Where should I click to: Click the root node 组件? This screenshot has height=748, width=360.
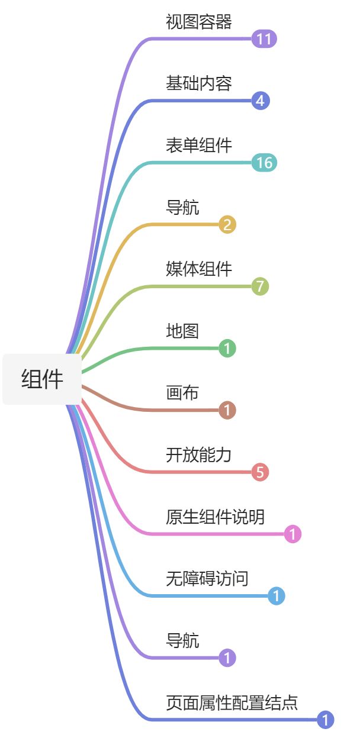click(42, 379)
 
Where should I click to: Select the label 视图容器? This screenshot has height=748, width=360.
click(198, 22)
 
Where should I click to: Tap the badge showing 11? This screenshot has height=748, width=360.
click(264, 40)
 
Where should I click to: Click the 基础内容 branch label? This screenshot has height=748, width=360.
click(198, 84)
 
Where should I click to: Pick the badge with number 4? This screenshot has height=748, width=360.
click(261, 101)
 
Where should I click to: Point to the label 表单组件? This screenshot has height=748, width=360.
click(198, 146)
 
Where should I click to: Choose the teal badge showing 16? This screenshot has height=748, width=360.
click(264, 163)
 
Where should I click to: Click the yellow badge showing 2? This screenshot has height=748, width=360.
click(227, 225)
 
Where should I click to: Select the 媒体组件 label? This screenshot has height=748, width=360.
click(198, 269)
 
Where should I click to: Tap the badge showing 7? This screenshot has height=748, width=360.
click(260, 287)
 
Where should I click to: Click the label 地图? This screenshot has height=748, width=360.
click(182, 331)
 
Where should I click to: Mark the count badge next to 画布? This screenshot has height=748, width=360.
click(227, 410)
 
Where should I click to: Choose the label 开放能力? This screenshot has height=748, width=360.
click(198, 455)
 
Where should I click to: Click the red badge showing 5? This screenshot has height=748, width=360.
click(260, 472)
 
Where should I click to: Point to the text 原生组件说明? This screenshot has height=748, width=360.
click(215, 517)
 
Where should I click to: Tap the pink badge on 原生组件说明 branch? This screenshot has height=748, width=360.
click(292, 534)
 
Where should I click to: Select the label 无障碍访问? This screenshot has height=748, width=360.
click(207, 579)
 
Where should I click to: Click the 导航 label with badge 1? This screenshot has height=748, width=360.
click(182, 640)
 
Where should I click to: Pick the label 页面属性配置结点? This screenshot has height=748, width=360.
click(232, 702)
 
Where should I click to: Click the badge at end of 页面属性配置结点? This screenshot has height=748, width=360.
click(326, 720)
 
